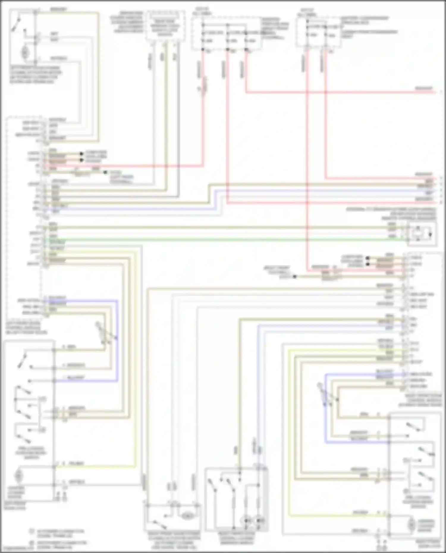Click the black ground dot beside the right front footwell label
point(295,277)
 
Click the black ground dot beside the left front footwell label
point(105,172)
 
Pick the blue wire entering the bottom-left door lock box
point(86,381)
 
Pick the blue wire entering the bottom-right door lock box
point(357,442)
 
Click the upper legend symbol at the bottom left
point(32,531)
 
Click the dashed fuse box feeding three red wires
point(226,33)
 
